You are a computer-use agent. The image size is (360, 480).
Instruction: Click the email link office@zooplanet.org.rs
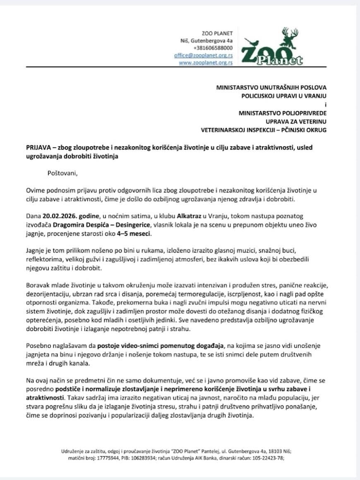click(x=203, y=55)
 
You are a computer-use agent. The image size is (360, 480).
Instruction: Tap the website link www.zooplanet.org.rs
click(x=206, y=62)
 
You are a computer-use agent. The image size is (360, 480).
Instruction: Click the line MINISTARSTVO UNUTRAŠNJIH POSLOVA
click(x=271, y=87)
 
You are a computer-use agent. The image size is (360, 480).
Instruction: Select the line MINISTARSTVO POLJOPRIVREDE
click(x=282, y=112)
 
